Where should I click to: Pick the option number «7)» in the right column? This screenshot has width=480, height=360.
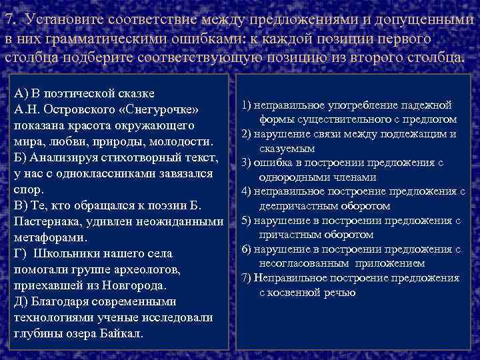(247, 277)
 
